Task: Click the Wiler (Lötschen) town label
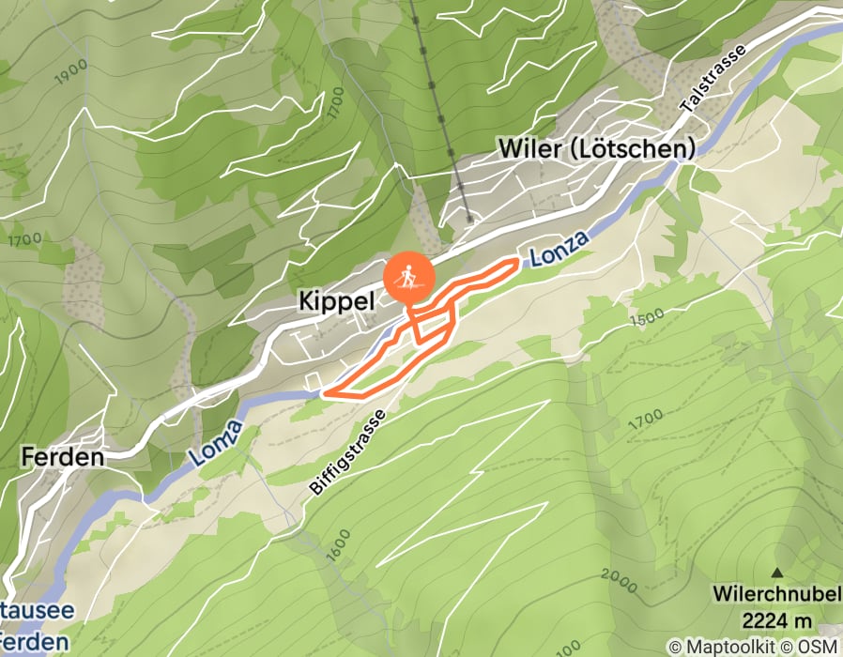tap(597, 148)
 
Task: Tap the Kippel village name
tap(336, 300)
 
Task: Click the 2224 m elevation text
tap(775, 619)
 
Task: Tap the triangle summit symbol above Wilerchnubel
tap(776, 572)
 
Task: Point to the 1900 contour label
tap(71, 71)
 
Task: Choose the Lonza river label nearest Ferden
tap(217, 444)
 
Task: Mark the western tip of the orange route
tap(324, 393)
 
